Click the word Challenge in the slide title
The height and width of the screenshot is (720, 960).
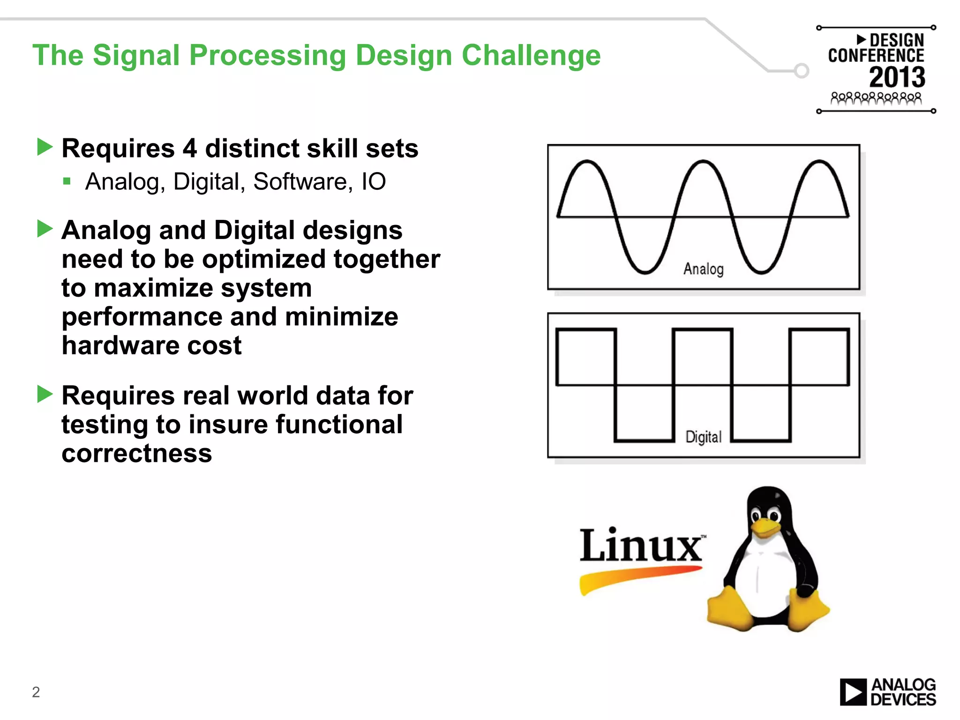[531, 56]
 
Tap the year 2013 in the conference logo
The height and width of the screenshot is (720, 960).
[897, 77]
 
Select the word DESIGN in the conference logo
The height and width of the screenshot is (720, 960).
[897, 40]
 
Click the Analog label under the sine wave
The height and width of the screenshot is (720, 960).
[703, 269]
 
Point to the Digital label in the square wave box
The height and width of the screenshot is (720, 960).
[703, 437]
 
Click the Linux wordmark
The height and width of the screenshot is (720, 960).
[641, 546]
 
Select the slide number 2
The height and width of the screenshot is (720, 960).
[36, 692]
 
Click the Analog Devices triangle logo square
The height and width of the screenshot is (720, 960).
[853, 692]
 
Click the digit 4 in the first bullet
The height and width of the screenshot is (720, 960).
[189, 149]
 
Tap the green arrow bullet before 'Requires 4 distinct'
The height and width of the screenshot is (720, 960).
[45, 147]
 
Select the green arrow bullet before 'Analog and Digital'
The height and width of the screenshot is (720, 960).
[45, 229]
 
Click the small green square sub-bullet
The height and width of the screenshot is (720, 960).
[67, 181]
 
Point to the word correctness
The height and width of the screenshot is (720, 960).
[137, 453]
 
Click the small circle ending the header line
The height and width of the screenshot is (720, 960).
[802, 71]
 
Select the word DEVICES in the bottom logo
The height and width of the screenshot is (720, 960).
[903, 700]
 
